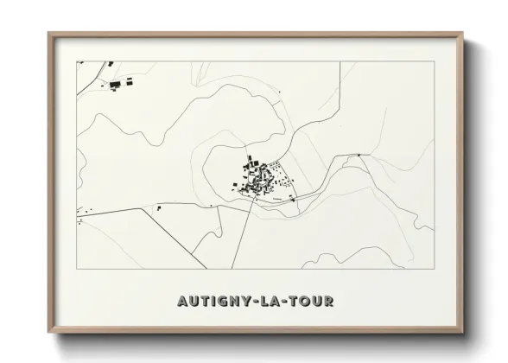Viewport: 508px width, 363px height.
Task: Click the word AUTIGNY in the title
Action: [213, 302]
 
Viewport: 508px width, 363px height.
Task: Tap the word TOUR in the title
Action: [310, 302]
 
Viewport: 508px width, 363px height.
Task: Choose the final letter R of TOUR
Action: [329, 302]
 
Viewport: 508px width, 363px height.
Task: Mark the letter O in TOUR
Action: [304, 302]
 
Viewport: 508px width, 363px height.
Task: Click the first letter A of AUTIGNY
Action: [182, 302]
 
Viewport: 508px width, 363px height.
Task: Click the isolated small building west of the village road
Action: [159, 208]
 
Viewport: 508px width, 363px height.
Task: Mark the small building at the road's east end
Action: [359, 156]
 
